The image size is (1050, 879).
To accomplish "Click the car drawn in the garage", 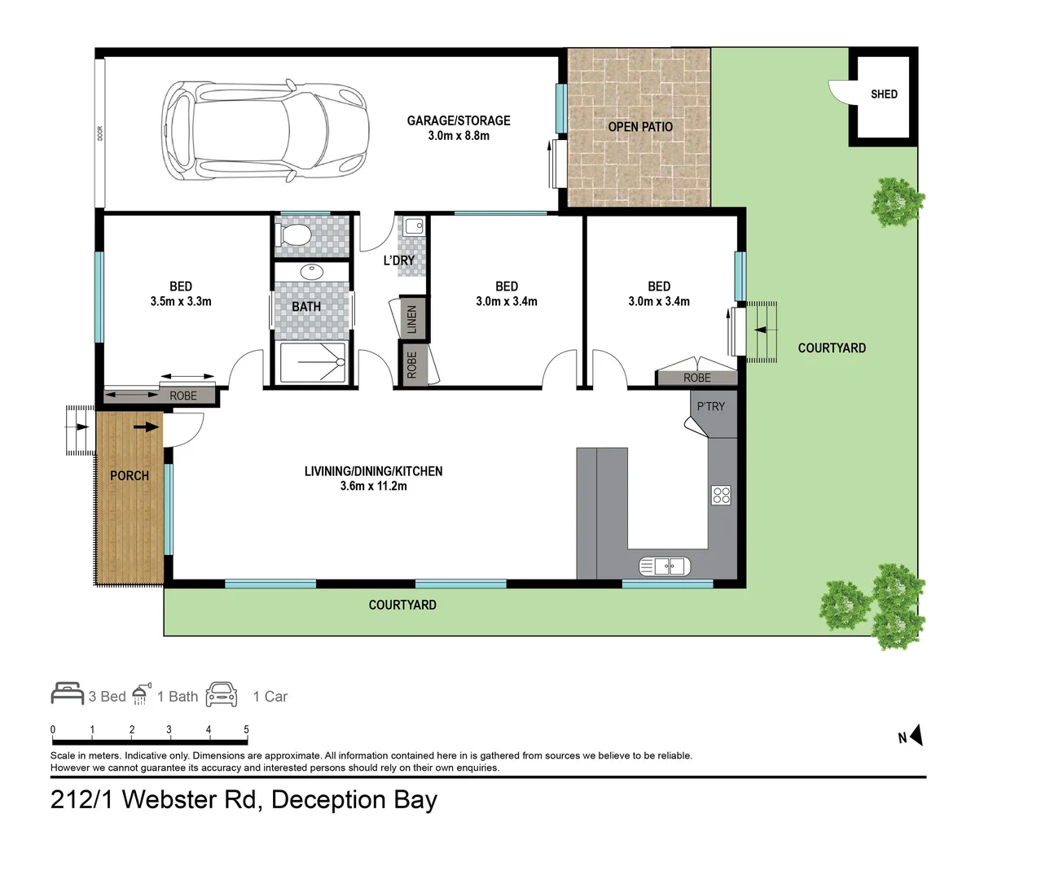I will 265,130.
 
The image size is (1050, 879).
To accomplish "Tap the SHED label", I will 884,94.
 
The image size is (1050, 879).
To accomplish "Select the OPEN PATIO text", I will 640,127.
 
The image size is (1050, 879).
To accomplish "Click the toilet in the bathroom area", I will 295,236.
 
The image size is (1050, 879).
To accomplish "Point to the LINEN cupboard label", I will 412,319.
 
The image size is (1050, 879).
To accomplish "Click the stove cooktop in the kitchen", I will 721,495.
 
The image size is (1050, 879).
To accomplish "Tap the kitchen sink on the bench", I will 665,566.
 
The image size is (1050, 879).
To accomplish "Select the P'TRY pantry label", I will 710,406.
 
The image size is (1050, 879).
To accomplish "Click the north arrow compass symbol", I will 916,736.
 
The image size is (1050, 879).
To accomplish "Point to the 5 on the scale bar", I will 246,729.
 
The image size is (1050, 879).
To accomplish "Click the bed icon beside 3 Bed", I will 67,693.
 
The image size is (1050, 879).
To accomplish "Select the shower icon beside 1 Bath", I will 142,694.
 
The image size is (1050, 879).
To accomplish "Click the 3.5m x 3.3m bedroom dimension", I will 181,302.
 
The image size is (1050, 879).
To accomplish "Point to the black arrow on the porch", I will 147,426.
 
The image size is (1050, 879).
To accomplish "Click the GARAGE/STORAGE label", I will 459,120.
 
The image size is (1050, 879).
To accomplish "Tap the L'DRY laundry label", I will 399,260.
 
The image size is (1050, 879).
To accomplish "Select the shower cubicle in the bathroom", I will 313,363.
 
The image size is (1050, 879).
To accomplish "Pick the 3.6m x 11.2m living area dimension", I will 374,486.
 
